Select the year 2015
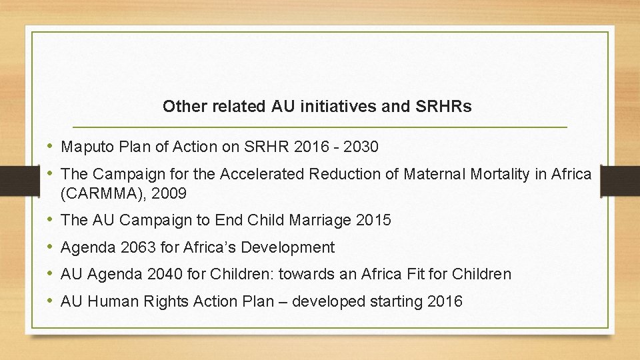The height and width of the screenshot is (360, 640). [x=374, y=220]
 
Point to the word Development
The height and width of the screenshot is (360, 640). [x=288, y=247]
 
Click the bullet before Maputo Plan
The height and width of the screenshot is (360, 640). [x=51, y=147]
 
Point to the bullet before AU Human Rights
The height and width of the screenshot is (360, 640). [x=51, y=301]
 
